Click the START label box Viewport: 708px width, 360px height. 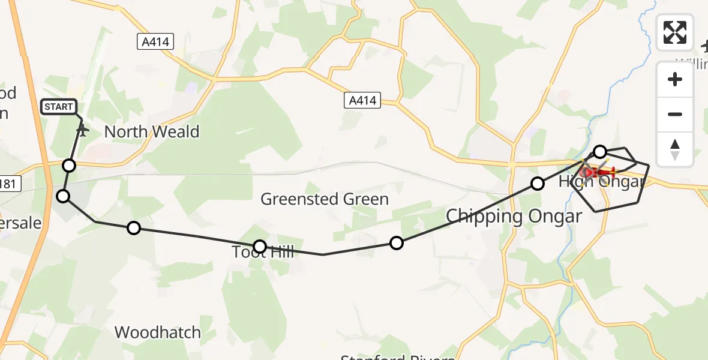click(x=59, y=107)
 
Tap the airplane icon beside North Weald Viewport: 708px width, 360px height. click(x=83, y=130)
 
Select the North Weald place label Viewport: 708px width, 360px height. click(x=152, y=132)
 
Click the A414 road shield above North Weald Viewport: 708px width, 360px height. click(x=155, y=41)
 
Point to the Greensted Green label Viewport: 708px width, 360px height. click(x=325, y=199)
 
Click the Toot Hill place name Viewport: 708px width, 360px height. click(x=265, y=252)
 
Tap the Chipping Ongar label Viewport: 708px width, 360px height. click(x=514, y=217)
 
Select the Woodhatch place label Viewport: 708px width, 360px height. click(x=157, y=332)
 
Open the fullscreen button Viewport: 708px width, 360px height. click(x=675, y=32)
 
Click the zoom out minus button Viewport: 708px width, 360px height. click(x=675, y=114)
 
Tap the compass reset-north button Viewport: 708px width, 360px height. click(x=675, y=149)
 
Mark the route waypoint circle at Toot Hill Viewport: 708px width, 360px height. click(x=260, y=246)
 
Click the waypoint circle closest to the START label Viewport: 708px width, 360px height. click(x=70, y=165)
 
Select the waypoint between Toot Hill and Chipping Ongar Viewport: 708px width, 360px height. click(x=397, y=243)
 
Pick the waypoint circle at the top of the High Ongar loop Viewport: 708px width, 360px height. click(x=600, y=151)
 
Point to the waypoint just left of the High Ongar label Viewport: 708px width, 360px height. click(x=538, y=184)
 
